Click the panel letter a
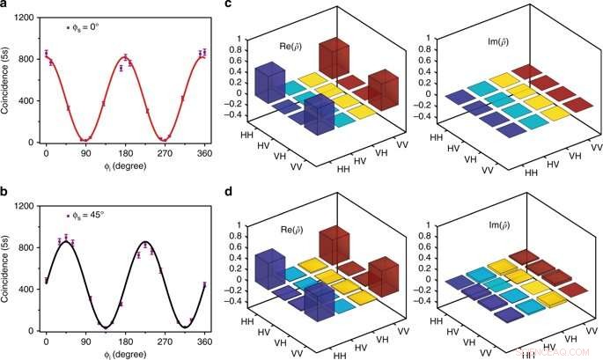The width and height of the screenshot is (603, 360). coord(5,6)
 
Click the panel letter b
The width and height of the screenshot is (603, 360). coord(5,193)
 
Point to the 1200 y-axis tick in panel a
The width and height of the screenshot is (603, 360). coord(25,18)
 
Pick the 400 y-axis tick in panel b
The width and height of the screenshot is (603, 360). coord(27,290)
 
